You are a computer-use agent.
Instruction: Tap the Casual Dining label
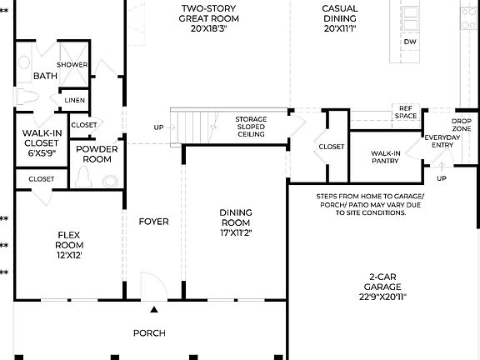click(340, 17)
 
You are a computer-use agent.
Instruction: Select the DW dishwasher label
click(409, 42)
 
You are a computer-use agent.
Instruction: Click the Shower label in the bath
click(72, 65)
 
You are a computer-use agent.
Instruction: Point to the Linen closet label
click(73, 100)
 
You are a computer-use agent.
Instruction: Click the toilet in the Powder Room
click(82, 177)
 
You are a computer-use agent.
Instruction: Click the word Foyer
click(153, 222)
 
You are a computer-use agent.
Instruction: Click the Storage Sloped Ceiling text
click(250, 127)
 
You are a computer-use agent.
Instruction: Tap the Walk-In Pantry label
click(386, 157)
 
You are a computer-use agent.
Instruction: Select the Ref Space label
click(406, 112)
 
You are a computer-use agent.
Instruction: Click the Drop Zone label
click(461, 125)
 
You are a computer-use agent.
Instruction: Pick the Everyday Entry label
click(441, 142)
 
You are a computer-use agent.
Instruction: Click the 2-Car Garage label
click(383, 285)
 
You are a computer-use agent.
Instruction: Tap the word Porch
click(149, 333)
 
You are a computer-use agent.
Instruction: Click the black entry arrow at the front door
click(153, 310)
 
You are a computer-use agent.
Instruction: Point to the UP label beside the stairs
click(158, 127)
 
